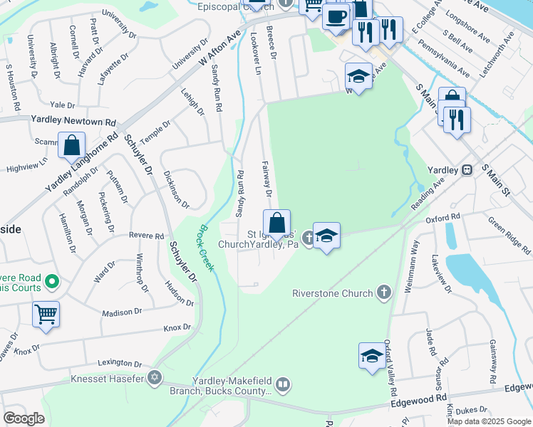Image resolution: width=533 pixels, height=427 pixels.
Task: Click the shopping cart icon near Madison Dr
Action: [x=46, y=313]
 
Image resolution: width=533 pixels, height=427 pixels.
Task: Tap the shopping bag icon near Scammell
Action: [x=72, y=145]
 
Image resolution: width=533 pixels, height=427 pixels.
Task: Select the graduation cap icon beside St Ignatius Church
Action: [x=326, y=236]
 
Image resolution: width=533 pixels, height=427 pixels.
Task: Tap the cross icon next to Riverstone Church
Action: [x=383, y=292]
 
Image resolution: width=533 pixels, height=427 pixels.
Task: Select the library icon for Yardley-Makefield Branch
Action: [x=283, y=386]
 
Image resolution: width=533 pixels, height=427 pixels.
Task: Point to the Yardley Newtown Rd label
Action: [x=73, y=122]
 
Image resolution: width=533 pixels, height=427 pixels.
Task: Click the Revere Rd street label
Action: [x=146, y=236]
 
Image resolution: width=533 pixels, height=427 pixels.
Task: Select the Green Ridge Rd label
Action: [x=509, y=239]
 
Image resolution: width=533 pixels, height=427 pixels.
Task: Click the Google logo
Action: [x=24, y=418]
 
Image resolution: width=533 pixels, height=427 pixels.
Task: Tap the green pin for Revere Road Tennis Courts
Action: [x=51, y=283]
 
